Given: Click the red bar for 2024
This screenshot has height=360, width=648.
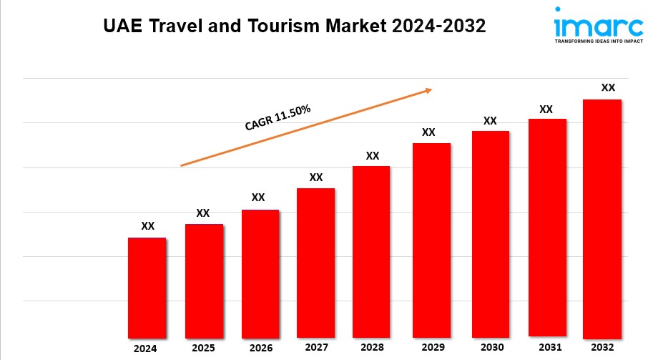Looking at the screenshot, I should pyautogui.click(x=147, y=288).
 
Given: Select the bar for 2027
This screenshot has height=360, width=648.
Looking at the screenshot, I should pyautogui.click(x=315, y=263).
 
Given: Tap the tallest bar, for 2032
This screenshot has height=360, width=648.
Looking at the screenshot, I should pyautogui.click(x=602, y=218).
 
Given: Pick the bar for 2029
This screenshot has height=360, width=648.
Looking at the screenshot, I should pyautogui.click(x=431, y=240).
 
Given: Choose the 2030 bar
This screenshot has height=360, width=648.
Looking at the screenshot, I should pyautogui.click(x=490, y=234).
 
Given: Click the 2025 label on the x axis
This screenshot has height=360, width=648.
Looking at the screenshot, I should pyautogui.click(x=204, y=349).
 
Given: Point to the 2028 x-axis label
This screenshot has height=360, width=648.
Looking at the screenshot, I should pyautogui.click(x=372, y=348).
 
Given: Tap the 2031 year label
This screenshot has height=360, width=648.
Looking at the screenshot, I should pyautogui.click(x=547, y=347).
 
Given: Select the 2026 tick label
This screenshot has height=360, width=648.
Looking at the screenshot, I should pyautogui.click(x=260, y=349).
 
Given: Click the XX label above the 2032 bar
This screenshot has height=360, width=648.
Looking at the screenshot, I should pyautogui.click(x=608, y=87).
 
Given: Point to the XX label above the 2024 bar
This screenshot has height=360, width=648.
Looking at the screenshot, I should pyautogui.click(x=147, y=226).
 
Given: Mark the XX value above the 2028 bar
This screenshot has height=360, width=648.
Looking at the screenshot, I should pyautogui.click(x=372, y=155).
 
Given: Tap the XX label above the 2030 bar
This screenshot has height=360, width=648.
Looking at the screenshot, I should pyautogui.click(x=490, y=120).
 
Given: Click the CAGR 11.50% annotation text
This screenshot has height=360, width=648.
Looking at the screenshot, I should pyautogui.click(x=278, y=118).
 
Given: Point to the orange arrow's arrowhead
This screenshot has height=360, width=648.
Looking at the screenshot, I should pyautogui.click(x=428, y=90).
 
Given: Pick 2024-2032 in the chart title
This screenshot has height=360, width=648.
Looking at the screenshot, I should pyautogui.click(x=439, y=27).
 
